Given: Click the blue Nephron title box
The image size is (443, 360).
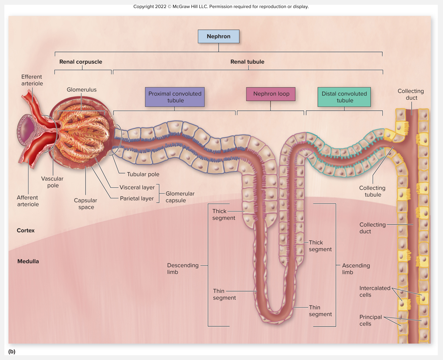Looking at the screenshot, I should click(x=218, y=37).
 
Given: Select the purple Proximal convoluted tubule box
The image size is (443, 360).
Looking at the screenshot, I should click(x=175, y=97).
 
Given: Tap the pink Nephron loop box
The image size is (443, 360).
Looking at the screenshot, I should click(x=271, y=94).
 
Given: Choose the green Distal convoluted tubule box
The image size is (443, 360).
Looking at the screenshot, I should click(x=344, y=97).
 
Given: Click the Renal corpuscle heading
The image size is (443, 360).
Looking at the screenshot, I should click(x=81, y=62).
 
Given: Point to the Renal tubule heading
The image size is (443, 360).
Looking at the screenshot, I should click(x=247, y=62).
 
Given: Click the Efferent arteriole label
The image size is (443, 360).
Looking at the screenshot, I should click(x=32, y=80).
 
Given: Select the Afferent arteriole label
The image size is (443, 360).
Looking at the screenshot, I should click(x=28, y=201).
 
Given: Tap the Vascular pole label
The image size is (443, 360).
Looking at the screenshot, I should click(x=53, y=182).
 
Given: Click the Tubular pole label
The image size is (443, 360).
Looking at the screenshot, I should click(x=143, y=174).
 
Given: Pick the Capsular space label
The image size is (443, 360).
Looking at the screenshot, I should click(x=85, y=203).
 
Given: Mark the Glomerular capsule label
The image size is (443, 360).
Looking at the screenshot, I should click(x=180, y=197).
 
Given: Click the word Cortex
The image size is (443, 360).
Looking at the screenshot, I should click(x=26, y=230).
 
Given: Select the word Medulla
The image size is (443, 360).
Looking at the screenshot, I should click(x=28, y=261).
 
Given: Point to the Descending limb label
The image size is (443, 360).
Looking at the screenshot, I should click(x=183, y=268).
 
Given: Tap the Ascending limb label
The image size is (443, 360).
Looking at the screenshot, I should click(x=356, y=268).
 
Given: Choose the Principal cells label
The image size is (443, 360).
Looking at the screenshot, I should click(x=370, y=320).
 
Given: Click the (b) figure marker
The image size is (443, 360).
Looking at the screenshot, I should click(x=12, y=352).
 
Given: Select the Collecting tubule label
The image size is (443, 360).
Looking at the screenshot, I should click(x=372, y=191).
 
